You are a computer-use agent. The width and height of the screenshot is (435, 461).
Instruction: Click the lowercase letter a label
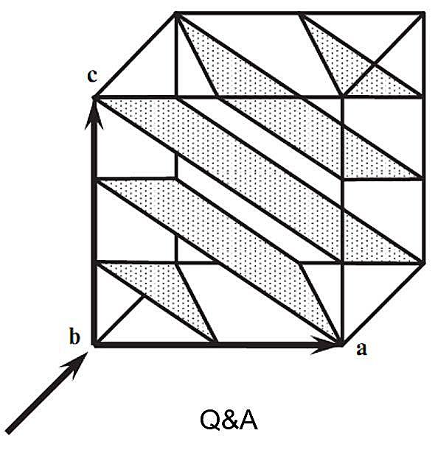[x=361, y=350]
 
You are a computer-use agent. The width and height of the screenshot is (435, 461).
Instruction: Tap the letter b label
[x=74, y=337]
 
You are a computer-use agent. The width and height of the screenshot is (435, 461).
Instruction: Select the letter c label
[x=92, y=76]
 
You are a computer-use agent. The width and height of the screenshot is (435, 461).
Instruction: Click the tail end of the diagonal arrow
[x=8, y=432]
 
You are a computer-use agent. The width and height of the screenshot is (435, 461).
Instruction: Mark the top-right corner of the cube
[x=423, y=13]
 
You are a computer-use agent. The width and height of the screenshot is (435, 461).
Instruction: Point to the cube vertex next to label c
[x=95, y=97]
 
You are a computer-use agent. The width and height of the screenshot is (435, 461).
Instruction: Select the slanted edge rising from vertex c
[x=135, y=55]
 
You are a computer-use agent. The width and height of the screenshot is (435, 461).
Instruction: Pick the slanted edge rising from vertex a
[x=383, y=303]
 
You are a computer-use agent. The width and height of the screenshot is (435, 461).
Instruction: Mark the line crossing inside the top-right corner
[x=373, y=64]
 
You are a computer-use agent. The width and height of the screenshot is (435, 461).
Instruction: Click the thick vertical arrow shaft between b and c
[x=94, y=221]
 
